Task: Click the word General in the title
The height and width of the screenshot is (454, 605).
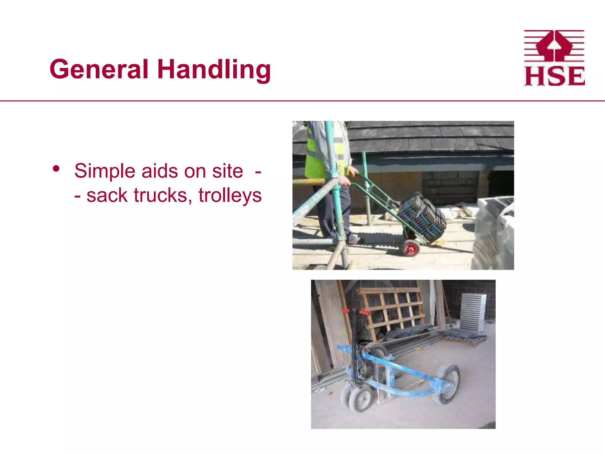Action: tap(99, 69)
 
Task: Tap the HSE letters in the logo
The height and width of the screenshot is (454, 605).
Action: tap(554, 77)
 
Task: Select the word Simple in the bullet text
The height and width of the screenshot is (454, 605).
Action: tap(105, 171)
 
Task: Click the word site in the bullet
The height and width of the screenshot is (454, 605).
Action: tap(227, 171)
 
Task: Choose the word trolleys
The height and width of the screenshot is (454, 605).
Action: tap(230, 196)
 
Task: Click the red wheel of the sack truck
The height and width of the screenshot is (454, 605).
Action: tap(411, 248)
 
